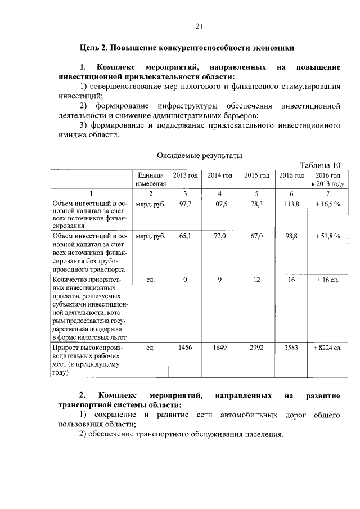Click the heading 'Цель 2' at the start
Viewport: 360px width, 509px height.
tap(93, 48)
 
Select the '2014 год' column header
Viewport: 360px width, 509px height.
tap(220, 175)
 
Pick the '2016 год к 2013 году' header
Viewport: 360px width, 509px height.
tap(327, 179)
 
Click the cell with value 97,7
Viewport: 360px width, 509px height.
tap(186, 204)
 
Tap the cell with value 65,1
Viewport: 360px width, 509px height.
tap(186, 237)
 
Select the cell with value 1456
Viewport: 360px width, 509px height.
tap(186, 348)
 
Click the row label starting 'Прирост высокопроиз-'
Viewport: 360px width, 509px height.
tap(87, 348)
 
